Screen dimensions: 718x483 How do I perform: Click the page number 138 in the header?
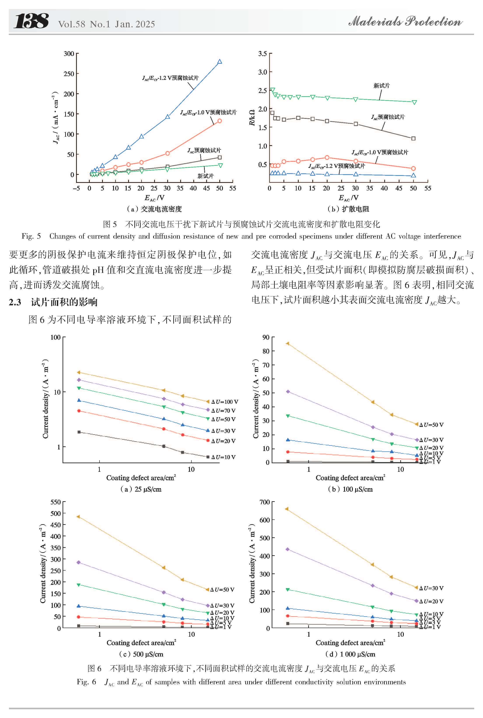(31, 21)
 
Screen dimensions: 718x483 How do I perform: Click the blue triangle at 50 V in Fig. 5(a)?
(220, 62)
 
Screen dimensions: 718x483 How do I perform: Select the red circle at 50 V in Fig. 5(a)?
(220, 121)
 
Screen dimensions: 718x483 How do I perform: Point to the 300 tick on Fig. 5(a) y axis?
(69, 54)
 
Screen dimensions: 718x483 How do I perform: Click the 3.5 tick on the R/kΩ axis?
(262, 54)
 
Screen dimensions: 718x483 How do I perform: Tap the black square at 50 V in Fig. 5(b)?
(413, 139)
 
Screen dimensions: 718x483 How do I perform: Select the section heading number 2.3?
(15, 302)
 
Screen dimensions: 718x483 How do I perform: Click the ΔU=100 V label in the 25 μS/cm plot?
(225, 402)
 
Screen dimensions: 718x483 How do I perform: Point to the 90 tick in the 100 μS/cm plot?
(266, 337)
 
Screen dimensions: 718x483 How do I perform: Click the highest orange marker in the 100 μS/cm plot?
(288, 343)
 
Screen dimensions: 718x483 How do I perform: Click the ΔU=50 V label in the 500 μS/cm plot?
(222, 590)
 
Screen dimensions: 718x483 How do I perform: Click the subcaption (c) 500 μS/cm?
(141, 654)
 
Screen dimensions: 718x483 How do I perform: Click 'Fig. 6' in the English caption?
(86, 682)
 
